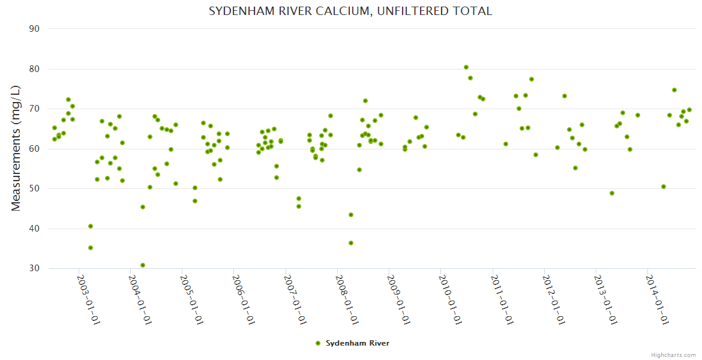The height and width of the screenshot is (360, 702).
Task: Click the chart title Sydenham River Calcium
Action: point(350,11)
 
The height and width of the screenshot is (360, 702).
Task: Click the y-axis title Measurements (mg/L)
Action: point(16,148)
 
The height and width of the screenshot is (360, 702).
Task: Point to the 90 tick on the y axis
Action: point(34,29)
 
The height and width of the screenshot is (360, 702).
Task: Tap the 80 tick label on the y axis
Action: point(34,69)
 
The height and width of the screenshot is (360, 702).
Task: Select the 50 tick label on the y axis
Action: point(34,188)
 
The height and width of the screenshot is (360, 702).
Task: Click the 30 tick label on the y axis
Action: point(34,268)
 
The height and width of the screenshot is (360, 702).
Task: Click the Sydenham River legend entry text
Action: point(358,343)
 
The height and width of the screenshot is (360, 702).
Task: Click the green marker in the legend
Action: point(318,343)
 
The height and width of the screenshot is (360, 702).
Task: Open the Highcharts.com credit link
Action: point(673,355)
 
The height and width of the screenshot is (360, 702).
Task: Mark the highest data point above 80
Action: point(466,67)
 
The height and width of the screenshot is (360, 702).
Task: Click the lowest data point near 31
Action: point(143,265)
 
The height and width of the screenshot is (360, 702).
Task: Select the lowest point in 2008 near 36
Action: point(351,243)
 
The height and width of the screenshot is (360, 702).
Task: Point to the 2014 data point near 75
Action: point(674,90)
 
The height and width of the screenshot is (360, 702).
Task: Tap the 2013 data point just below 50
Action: point(612,193)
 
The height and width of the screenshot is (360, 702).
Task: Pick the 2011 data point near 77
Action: point(532,79)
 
